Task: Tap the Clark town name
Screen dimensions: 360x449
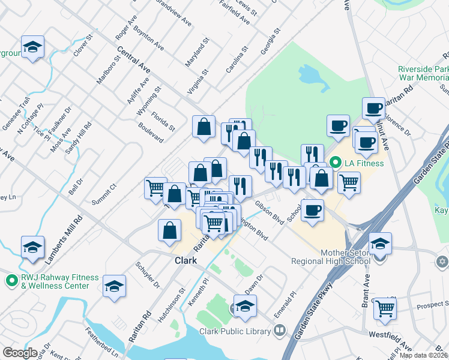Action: pos(185,261)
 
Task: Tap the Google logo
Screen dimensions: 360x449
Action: pos(20,353)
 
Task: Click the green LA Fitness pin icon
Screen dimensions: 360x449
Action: pos(336,163)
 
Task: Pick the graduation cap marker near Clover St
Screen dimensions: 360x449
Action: pos(32,47)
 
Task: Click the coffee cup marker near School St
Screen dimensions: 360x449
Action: pos(312,211)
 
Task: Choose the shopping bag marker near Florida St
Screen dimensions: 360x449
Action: pos(203,127)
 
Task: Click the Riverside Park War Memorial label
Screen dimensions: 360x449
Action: pos(423,73)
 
